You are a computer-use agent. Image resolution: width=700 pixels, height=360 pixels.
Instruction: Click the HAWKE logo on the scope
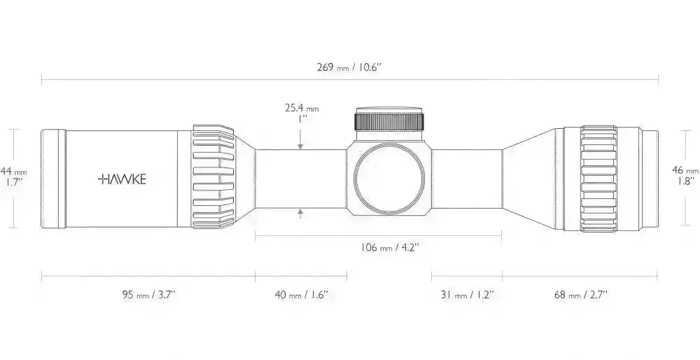tap(122, 179)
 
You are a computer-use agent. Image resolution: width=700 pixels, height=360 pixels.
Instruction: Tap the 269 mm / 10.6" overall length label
tap(349, 67)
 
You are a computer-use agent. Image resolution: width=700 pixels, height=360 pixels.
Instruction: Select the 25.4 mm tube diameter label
tap(302, 108)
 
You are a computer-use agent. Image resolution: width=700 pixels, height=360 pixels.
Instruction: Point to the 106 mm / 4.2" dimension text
tap(390, 247)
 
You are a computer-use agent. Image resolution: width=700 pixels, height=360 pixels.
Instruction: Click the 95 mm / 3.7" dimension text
tap(149, 295)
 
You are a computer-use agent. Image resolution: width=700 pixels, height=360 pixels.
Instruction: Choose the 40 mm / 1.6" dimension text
tap(301, 295)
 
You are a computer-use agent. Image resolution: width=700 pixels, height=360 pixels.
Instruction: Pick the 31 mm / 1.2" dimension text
tap(466, 295)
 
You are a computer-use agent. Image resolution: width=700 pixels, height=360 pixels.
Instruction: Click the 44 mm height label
tap(13, 171)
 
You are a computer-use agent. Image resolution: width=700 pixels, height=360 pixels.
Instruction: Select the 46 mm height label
tap(685, 170)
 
